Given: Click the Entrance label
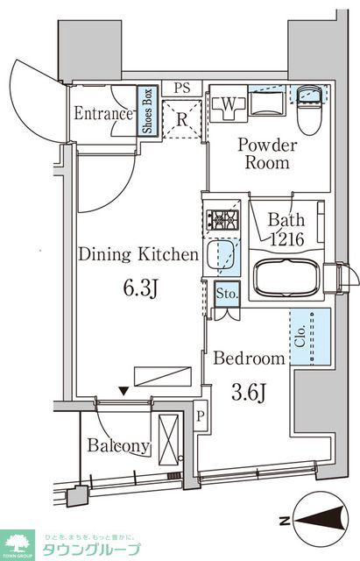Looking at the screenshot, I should (x=102, y=114).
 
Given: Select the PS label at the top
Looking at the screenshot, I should (x=181, y=88).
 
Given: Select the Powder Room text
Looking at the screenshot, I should (x=269, y=154).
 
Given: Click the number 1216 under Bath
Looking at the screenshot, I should (x=287, y=238).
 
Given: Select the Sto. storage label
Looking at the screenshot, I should (x=226, y=294).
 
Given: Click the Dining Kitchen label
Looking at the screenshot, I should (x=138, y=256).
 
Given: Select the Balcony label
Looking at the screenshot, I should (x=117, y=445).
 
